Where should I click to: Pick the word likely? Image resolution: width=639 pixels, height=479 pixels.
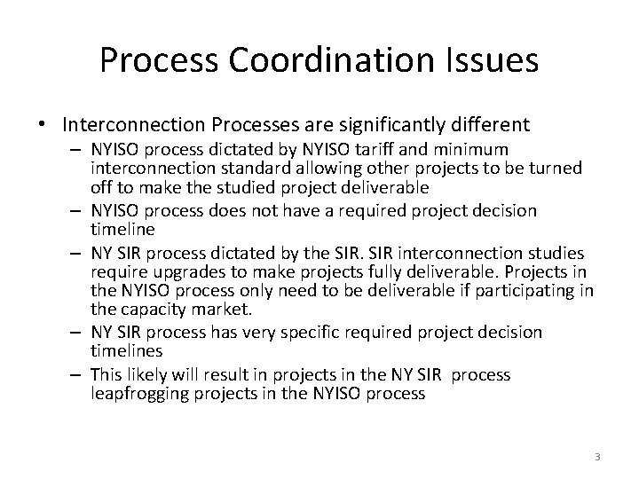click(145, 374)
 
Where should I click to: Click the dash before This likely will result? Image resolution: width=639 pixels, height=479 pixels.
click(76, 374)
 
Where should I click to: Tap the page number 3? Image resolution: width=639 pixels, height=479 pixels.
click(597, 457)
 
